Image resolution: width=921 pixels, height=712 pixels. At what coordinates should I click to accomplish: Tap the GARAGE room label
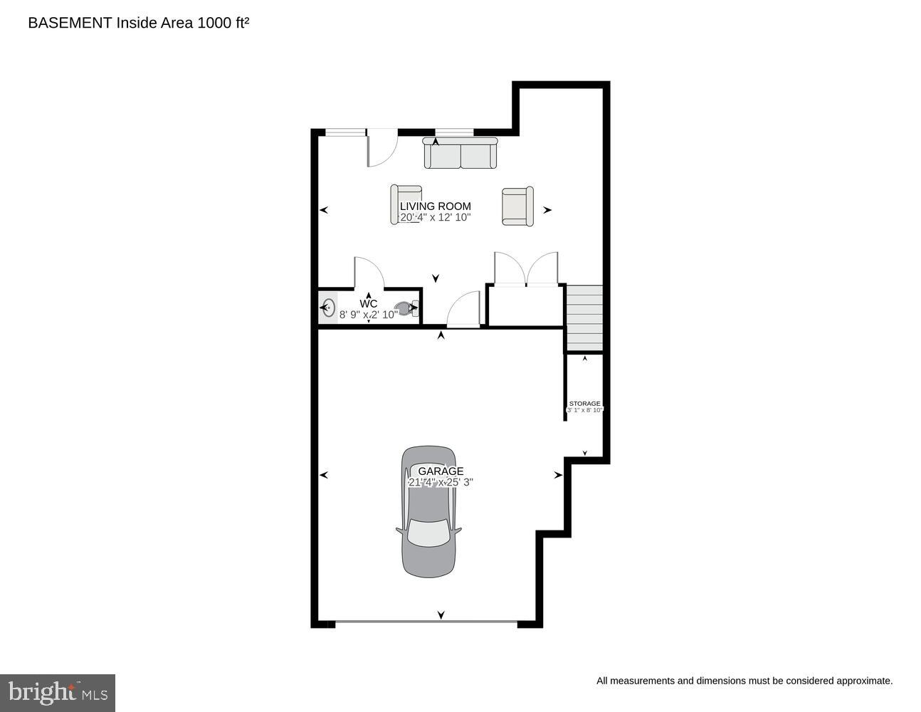[441, 471]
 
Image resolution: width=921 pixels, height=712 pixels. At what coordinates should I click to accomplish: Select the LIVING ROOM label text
[435, 206]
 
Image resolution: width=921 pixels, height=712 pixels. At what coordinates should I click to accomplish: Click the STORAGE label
[584, 404]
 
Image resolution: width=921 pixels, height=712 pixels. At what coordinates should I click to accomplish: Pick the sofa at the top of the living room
[460, 154]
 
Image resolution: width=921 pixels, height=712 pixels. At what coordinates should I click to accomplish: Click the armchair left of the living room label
[406, 204]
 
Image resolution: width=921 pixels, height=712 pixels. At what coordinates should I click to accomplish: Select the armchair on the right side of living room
[517, 206]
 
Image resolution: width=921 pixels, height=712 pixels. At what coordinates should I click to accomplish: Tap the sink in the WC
[328, 308]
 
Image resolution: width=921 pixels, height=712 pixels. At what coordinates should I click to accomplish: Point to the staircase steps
[584, 318]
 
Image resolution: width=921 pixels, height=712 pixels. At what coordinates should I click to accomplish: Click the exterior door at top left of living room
[382, 148]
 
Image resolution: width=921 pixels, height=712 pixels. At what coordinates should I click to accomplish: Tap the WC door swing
[369, 273]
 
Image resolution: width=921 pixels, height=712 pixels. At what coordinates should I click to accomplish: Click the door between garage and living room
[463, 310]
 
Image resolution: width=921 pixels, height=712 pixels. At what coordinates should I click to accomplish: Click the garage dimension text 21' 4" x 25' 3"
[441, 482]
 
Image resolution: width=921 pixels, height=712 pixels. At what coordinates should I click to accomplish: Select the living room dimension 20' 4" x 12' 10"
[435, 218]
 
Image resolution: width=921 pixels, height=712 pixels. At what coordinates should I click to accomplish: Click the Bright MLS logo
[58, 692]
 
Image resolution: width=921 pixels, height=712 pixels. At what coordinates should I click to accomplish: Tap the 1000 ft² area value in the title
[223, 23]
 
